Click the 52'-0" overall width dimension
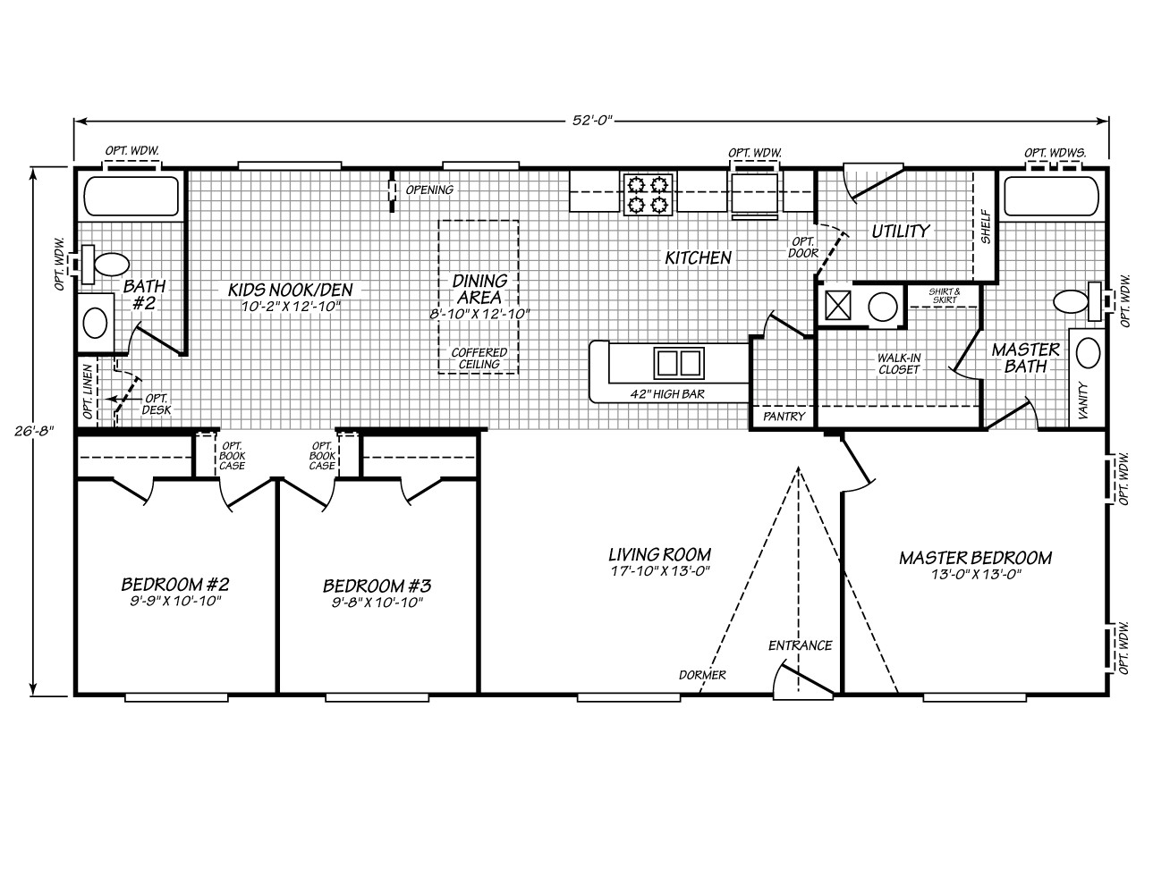tap(591, 120)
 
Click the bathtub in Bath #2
tap(131, 196)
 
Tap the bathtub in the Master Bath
tap(1050, 196)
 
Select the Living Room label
tap(659, 555)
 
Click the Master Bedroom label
tap(975, 558)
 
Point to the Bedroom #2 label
tap(176, 585)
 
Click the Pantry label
tap(784, 417)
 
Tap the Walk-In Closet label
tap(898, 363)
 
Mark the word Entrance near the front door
tap(800, 645)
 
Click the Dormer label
tap(701, 675)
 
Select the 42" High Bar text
tap(667, 392)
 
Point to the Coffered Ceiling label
tap(479, 358)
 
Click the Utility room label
tap(901, 232)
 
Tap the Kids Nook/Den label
tap(291, 290)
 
